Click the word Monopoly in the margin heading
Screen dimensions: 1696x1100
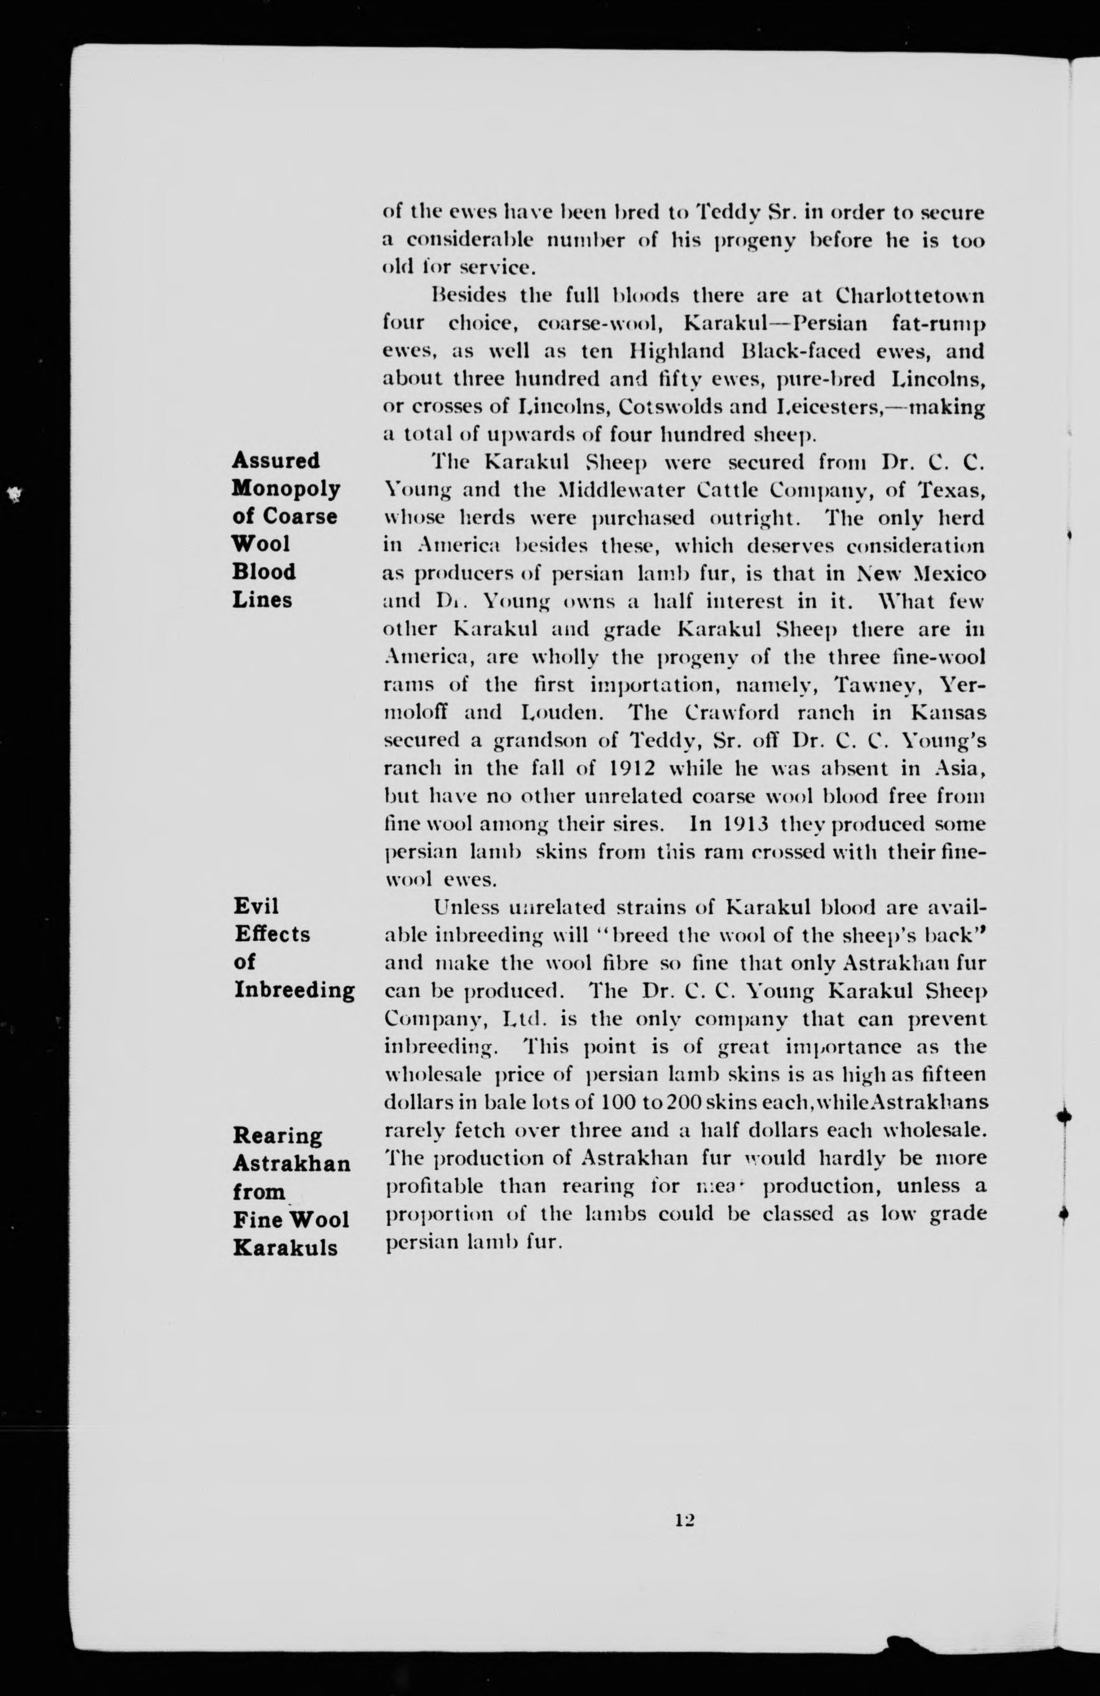285,489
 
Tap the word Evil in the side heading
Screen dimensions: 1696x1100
256,906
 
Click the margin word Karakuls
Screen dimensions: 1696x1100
285,1248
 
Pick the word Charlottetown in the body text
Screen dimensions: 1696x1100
910,295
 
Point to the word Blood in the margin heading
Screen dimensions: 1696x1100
263,572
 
